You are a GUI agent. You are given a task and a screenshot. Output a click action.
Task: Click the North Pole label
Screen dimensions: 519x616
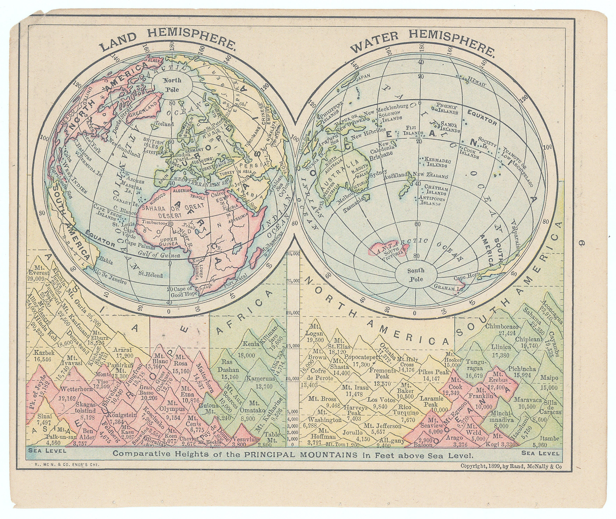(x=172, y=85)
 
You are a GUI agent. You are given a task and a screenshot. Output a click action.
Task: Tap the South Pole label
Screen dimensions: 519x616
(x=416, y=274)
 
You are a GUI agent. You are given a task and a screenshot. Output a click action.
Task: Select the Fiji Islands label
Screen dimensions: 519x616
(x=413, y=130)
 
